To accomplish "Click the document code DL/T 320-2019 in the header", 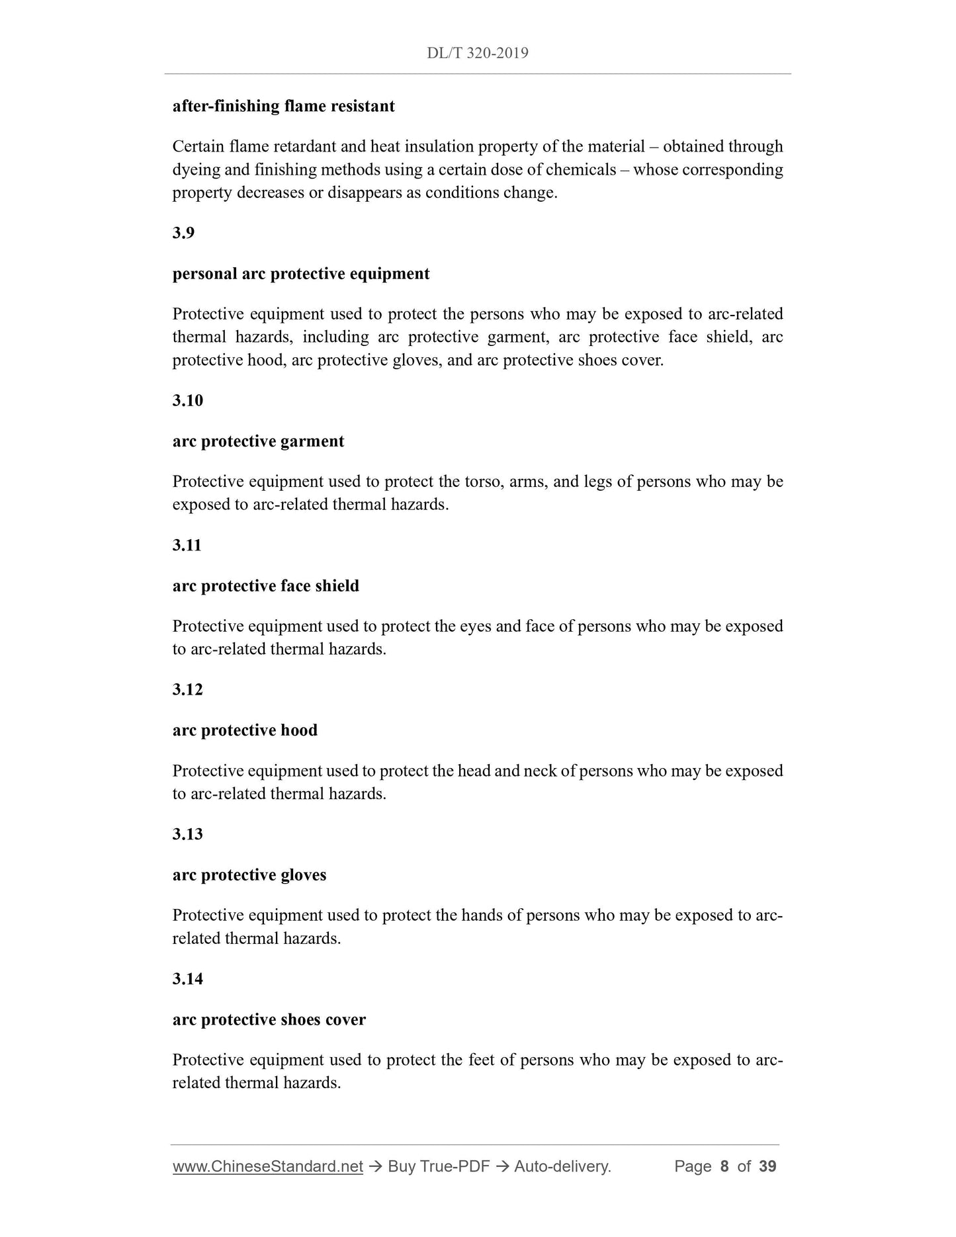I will [x=477, y=53].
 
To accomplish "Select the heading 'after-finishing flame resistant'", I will [x=283, y=106].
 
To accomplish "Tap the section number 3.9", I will [x=183, y=233].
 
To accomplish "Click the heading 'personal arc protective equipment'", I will [x=300, y=274].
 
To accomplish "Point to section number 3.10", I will [x=187, y=400].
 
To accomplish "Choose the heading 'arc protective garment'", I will [x=258, y=441].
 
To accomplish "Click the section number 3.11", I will [x=187, y=545].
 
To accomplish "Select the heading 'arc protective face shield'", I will [x=265, y=586].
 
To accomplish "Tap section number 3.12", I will [x=187, y=689].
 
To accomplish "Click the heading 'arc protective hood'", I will [x=245, y=730].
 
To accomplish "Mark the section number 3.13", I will [x=187, y=834].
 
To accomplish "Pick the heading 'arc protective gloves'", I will [x=249, y=875].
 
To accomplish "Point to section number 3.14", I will [x=187, y=978].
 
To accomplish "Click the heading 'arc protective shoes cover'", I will [x=269, y=1019].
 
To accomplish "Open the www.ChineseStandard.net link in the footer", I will [x=267, y=1166].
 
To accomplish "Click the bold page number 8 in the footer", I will [x=724, y=1166].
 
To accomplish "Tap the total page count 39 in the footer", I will [x=767, y=1166].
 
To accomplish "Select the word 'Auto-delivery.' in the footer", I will [x=562, y=1166].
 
